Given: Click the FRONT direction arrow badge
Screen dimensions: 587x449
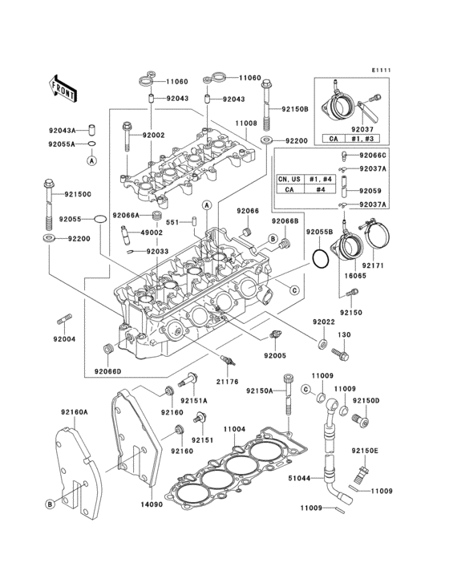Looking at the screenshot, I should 63,87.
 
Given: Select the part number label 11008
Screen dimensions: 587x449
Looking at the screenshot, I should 245,124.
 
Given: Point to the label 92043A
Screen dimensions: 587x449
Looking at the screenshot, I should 62,130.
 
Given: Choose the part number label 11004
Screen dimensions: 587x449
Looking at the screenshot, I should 234,430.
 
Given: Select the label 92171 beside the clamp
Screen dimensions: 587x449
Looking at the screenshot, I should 374,264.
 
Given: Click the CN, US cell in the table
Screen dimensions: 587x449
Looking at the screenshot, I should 289,179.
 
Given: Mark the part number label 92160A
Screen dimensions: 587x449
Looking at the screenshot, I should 74,411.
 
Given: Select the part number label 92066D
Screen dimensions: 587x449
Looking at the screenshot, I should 107,371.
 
